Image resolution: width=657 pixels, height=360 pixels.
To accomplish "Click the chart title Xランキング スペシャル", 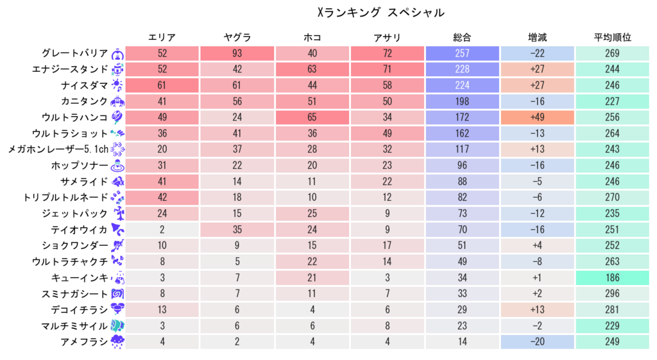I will (x=380, y=12).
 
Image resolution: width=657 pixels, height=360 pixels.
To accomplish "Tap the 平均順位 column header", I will (x=612, y=38).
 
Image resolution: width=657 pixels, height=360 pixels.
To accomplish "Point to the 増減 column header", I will (x=537, y=38).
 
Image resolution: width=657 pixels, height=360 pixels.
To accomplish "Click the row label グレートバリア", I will (x=74, y=53).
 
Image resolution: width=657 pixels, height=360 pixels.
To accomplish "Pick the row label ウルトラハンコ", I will (x=74, y=117).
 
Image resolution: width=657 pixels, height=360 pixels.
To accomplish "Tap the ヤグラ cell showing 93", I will (x=237, y=53).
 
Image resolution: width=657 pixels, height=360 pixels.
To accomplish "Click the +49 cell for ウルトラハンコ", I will (x=537, y=117).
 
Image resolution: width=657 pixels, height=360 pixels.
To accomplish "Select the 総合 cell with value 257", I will (x=462, y=53).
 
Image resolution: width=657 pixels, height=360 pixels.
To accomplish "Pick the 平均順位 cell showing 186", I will (x=612, y=277).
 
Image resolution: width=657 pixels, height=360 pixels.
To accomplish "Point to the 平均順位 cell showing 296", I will (x=612, y=293).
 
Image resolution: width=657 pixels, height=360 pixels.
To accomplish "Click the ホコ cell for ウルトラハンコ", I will (x=312, y=117).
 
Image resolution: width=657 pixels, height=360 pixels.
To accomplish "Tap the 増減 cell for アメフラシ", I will (x=537, y=341).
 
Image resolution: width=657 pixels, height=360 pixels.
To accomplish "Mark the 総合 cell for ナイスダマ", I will (x=462, y=85).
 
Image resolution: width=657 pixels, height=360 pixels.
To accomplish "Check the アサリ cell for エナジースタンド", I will (x=387, y=69).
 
